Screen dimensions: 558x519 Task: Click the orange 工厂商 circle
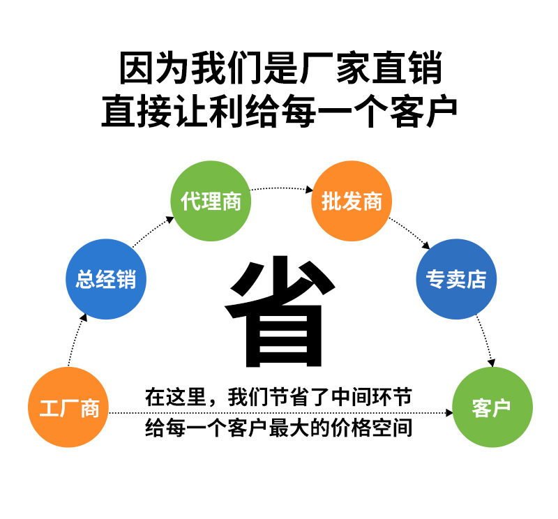tap(68, 407)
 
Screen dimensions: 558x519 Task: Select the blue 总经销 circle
tap(106, 280)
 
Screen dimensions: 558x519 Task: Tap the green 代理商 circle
tap(211, 202)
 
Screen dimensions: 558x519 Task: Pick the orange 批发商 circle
tap(352, 202)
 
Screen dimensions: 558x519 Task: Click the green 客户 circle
tap(492, 407)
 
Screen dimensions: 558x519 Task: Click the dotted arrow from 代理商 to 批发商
tap(281, 188)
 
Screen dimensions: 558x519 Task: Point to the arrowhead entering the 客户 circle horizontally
tap(447, 413)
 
